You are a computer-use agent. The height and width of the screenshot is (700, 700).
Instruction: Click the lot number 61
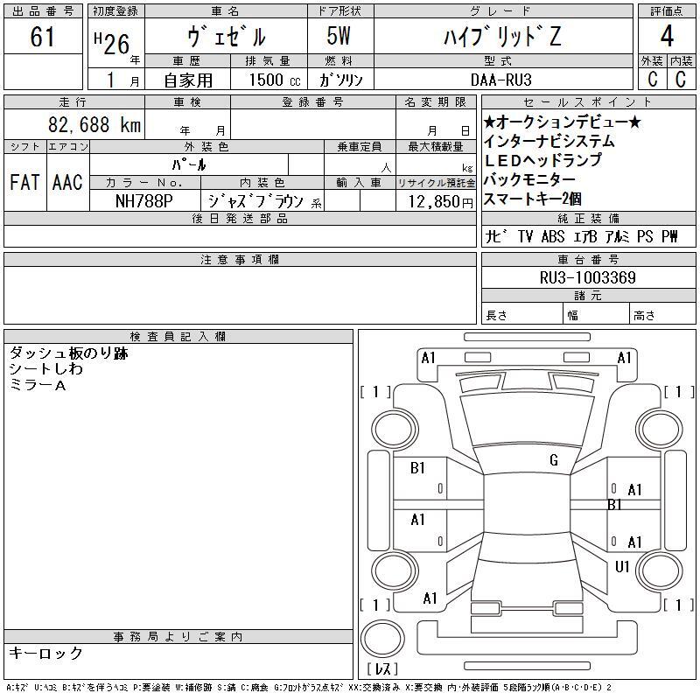click(42, 37)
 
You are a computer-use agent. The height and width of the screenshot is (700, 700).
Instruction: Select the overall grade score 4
click(667, 36)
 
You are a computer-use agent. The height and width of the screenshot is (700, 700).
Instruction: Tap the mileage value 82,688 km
click(94, 124)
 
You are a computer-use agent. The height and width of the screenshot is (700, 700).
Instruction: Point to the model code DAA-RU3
click(500, 80)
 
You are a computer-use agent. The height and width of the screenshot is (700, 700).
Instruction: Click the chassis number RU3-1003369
click(587, 277)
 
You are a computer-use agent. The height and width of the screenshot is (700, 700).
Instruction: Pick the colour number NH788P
click(143, 201)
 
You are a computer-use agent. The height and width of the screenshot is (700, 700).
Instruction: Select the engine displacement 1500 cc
click(274, 80)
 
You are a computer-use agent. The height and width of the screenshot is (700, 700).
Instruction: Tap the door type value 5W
click(339, 36)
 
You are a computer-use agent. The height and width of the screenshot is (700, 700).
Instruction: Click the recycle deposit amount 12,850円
click(441, 202)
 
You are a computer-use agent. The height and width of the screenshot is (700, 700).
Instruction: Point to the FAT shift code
click(24, 182)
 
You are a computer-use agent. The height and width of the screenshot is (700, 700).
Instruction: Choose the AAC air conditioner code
click(67, 182)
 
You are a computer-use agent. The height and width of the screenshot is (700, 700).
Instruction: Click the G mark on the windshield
click(554, 460)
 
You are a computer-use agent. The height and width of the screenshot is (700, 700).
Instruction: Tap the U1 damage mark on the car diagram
click(622, 567)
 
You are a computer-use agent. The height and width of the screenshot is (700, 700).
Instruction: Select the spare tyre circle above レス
click(382, 639)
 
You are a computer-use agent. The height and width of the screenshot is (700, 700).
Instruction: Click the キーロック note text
click(45, 653)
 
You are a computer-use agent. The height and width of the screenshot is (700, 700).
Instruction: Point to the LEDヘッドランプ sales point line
click(542, 160)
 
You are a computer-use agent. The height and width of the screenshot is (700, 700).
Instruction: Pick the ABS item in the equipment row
click(553, 236)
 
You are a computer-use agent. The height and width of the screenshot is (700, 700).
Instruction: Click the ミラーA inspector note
click(38, 385)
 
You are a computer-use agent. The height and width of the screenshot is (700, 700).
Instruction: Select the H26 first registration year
click(112, 43)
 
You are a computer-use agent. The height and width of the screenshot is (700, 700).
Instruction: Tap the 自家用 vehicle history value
click(188, 80)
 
